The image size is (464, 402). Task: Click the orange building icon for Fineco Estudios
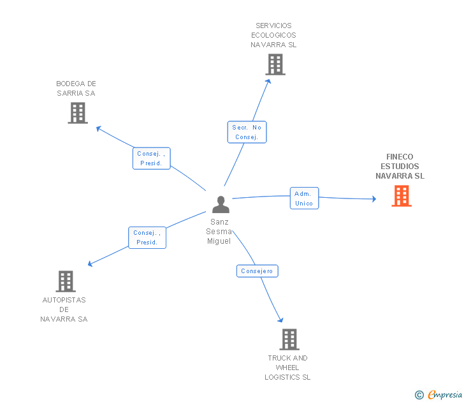[x=401, y=196]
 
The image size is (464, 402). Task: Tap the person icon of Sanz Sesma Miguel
[x=221, y=204]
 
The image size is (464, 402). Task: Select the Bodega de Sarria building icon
[x=78, y=113]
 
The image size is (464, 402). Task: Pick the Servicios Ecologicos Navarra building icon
[x=275, y=64]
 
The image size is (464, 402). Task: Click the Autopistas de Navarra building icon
[x=66, y=281]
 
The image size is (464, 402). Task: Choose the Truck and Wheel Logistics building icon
[x=289, y=339]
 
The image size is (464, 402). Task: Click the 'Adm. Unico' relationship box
[x=304, y=198]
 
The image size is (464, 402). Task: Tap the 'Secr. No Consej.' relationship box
[x=247, y=132]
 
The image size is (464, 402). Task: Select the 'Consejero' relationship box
[x=257, y=271]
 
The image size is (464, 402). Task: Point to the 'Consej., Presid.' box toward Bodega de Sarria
[x=152, y=158]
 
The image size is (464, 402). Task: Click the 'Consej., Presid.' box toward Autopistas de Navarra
[x=147, y=237]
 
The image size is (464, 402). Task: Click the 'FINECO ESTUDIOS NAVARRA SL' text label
[x=400, y=167]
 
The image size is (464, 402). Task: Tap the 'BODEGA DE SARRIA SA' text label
[x=76, y=88]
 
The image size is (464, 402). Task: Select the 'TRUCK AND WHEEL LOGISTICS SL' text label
[x=287, y=368]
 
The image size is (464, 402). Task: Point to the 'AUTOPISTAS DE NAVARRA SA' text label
[x=64, y=309]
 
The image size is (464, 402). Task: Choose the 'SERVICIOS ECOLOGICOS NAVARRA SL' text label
[x=273, y=36]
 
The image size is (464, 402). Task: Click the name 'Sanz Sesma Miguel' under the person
[x=219, y=231]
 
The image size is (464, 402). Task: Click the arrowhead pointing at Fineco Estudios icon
[x=373, y=199]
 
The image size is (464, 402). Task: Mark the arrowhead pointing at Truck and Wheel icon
[x=280, y=320]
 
